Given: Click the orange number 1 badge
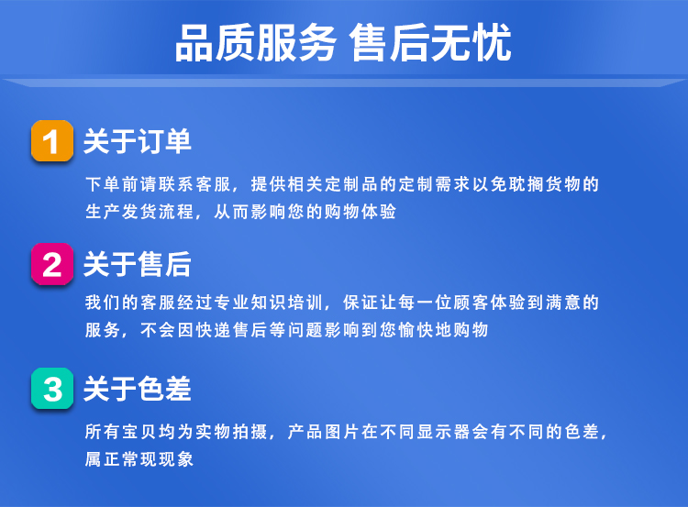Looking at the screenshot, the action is (x=52, y=141).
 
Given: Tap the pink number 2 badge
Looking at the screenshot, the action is (x=52, y=264).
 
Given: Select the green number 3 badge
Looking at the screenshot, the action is (x=52, y=389).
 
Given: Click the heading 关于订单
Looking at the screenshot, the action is (x=138, y=141).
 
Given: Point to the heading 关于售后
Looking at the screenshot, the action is (x=138, y=264).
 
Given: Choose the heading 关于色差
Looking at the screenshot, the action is (x=138, y=389).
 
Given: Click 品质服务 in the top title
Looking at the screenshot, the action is (x=256, y=43).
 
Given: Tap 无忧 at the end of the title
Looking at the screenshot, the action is (x=471, y=43).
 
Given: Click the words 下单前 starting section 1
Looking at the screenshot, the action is (x=113, y=184).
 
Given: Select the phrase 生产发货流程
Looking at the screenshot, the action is (x=139, y=212).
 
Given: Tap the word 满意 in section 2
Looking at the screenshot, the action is (x=562, y=303).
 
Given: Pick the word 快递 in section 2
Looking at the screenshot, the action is (x=213, y=330).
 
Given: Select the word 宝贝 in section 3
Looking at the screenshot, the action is (x=139, y=432).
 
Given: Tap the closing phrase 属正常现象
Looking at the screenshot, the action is (x=139, y=459).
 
